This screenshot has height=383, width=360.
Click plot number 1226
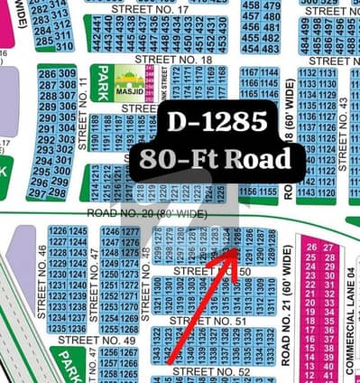[56, 232]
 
